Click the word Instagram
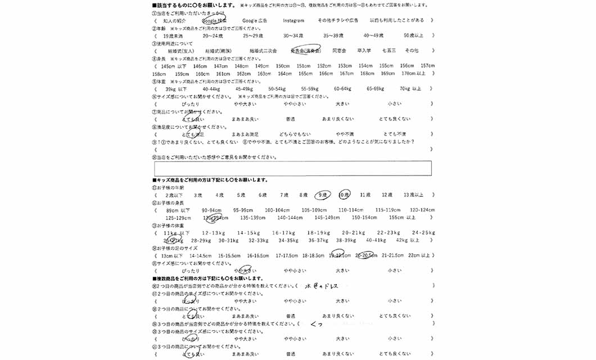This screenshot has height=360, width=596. coord(293,20)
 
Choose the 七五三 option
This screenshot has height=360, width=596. coord(389,51)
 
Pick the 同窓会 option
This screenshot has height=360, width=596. coord(339,51)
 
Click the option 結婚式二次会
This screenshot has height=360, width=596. coord(263,51)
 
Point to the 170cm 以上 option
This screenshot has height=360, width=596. coord(413,74)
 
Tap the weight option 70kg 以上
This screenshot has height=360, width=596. coord(410,89)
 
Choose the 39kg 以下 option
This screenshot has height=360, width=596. coord(176,89)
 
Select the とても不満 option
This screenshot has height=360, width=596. coord(395,134)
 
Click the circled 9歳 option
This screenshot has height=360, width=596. coord(322,195)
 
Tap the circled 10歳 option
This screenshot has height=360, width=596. coord(344,195)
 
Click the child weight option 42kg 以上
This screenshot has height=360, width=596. coord(408,240)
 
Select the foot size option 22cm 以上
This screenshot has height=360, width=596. coord(418,255)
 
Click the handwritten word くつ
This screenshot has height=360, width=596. coord(317,325)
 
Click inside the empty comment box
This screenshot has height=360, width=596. coord(292,168)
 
